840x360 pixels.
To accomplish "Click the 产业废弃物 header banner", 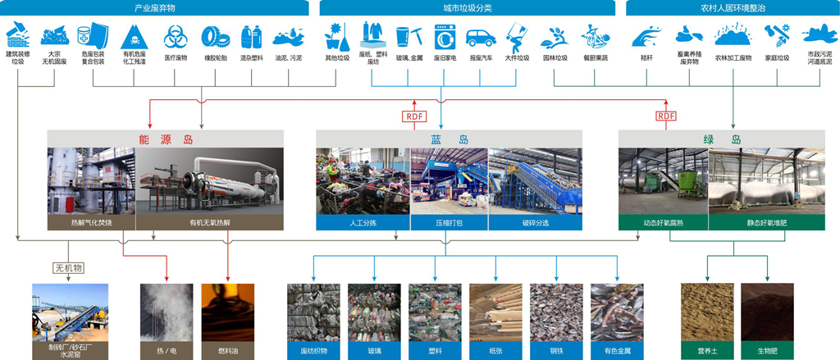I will [x=155, y=8].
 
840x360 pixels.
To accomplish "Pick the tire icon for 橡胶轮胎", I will [x=216, y=37].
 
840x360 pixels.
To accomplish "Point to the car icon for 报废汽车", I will [x=481, y=38].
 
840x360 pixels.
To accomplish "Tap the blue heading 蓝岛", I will [x=450, y=139].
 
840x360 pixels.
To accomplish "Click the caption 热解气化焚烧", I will [x=91, y=222].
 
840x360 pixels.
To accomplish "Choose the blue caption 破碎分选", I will [x=535, y=222].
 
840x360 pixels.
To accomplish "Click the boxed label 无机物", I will [x=69, y=267].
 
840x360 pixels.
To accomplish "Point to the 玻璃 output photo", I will [x=374, y=312].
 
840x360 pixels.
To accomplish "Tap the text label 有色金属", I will [x=617, y=350].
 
